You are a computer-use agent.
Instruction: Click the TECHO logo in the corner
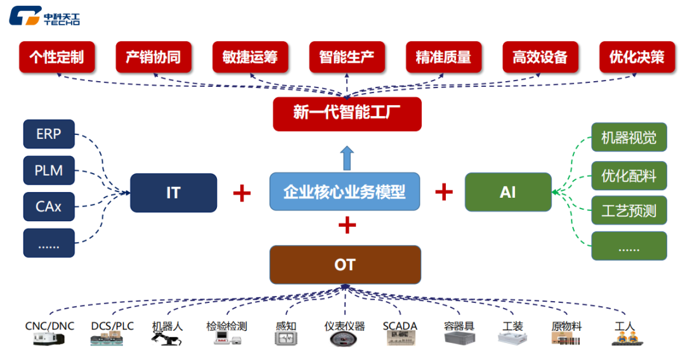44,17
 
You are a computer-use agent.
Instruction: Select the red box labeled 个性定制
56,57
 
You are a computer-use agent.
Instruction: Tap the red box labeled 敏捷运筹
250,57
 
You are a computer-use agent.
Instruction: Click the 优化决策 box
637,57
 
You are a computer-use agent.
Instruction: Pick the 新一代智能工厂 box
347,113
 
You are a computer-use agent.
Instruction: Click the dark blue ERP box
49,134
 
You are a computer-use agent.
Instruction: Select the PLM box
49,170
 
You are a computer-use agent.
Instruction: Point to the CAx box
49,207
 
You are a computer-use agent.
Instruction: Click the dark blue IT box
173,192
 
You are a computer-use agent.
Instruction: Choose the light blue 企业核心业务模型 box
344,191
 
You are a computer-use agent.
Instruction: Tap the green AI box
508,192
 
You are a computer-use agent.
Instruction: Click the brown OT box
345,264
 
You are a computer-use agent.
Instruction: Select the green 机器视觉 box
629,138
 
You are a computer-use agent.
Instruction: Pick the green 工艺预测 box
629,210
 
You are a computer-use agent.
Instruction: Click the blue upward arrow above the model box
346,158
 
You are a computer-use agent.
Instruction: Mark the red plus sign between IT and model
242,192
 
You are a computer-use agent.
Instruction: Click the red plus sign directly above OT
347,225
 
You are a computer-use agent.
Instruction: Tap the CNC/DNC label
49,326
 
